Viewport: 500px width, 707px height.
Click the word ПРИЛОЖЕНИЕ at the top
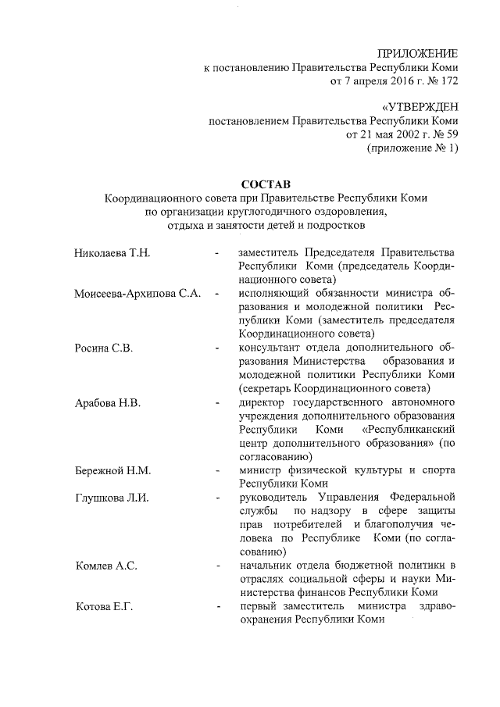[x=417, y=53]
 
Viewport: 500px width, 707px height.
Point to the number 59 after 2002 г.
[x=450, y=134]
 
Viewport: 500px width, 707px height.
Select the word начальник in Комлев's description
[x=266, y=566]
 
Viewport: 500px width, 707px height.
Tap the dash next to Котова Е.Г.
[x=216, y=607]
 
